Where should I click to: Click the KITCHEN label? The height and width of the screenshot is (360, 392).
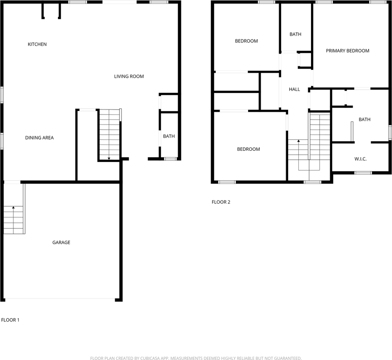pyautogui.click(x=37, y=44)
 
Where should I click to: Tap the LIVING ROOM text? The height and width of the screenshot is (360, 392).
pyautogui.click(x=129, y=76)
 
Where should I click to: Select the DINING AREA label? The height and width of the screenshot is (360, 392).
pyautogui.click(x=39, y=138)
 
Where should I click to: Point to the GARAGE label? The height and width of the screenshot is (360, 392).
pyautogui.click(x=61, y=242)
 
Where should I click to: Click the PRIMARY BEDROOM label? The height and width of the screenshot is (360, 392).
pyautogui.click(x=347, y=51)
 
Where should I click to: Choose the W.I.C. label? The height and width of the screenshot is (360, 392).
pyautogui.click(x=361, y=159)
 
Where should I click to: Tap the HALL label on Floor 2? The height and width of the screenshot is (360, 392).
pyautogui.click(x=294, y=89)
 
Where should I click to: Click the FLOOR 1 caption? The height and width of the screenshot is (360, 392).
pyautogui.click(x=10, y=320)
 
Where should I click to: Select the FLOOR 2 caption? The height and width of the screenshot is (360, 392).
pyautogui.click(x=221, y=202)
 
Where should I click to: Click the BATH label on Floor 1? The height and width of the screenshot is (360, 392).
pyautogui.click(x=169, y=136)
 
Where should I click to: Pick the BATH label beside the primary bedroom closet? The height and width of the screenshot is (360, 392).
pyautogui.click(x=365, y=120)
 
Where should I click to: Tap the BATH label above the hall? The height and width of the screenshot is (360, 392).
pyautogui.click(x=295, y=34)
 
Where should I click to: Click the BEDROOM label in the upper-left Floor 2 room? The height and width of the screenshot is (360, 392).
pyautogui.click(x=246, y=41)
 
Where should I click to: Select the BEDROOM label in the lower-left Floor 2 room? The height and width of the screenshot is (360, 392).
pyautogui.click(x=248, y=149)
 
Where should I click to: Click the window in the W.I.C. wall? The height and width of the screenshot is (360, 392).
pyautogui.click(x=363, y=172)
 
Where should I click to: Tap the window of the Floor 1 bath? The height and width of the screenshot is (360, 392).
pyautogui.click(x=171, y=159)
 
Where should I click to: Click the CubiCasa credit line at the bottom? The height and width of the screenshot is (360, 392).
pyautogui.click(x=196, y=358)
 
